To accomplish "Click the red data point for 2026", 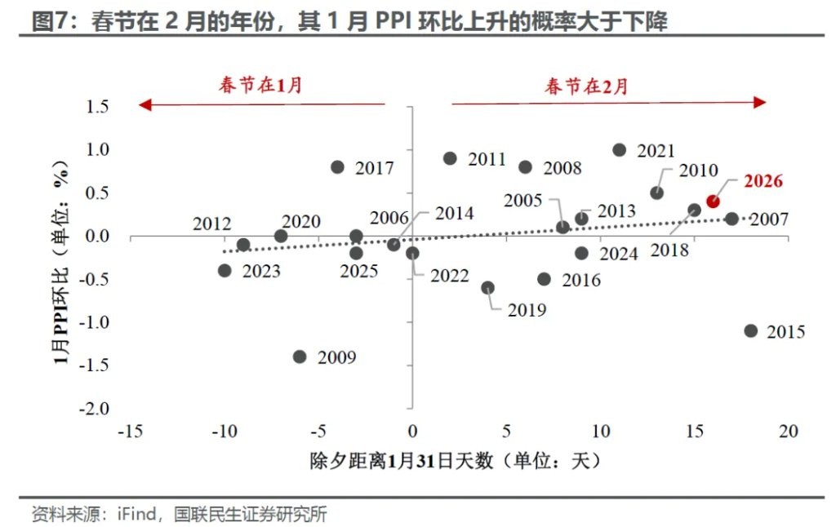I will coord(713,201).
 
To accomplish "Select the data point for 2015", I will coord(751,330).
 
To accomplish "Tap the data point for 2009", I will coord(300,356).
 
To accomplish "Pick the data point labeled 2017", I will coord(337,166).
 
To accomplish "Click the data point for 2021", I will coord(619,150).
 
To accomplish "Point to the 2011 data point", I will coord(450,158).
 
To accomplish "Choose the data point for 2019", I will coord(488,287).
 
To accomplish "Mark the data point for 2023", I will coord(225,270).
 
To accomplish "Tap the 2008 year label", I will coord(562,168).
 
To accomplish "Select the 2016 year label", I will coord(580,280).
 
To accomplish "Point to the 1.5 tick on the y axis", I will coord(96,107).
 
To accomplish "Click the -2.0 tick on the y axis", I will coord(92,407).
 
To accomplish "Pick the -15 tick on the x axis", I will coord(131,431).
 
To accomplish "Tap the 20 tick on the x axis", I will coord(788,431).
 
